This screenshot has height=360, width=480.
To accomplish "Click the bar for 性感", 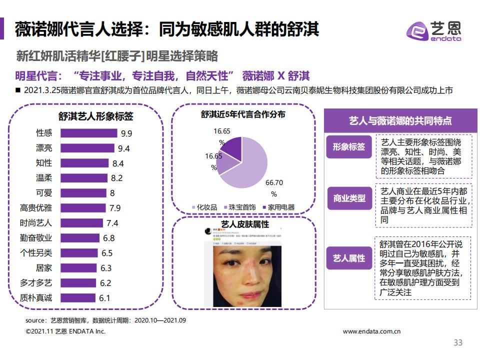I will [x=88, y=133].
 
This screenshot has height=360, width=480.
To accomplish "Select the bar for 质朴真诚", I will [x=77, y=298].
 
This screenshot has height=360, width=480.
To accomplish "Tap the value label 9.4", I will [x=124, y=148].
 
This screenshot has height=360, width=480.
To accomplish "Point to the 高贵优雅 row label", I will [x=35, y=208].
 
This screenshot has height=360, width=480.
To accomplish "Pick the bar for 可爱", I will [x=83, y=193].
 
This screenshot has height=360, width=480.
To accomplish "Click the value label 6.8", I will [x=108, y=238].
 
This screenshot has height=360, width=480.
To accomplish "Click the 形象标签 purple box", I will [x=349, y=147].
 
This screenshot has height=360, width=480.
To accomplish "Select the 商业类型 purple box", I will [x=349, y=198].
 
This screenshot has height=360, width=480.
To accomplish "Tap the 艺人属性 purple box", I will [x=349, y=258].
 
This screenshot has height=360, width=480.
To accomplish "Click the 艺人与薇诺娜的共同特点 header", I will [x=399, y=121].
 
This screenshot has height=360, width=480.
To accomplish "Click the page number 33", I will [x=457, y=342].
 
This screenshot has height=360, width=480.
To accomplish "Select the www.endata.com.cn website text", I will [x=372, y=331].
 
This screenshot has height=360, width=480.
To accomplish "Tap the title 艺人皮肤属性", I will [x=244, y=223].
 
